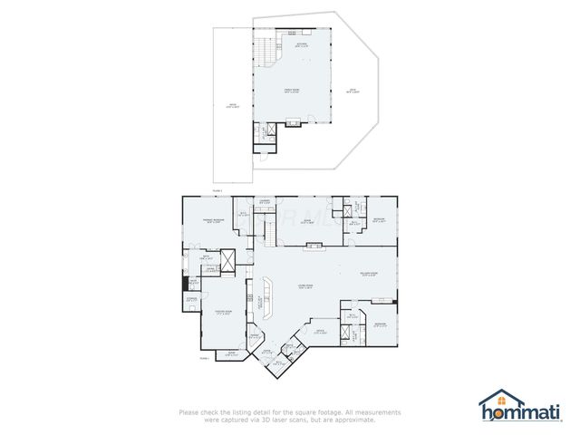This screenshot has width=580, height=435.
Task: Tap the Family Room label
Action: point(293,91)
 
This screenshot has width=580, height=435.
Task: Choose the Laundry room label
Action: point(266,201)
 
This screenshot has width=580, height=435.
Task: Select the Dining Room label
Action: point(214,313)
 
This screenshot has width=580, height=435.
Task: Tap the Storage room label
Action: point(192,298)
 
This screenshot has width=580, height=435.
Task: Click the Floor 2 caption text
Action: point(216,191)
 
